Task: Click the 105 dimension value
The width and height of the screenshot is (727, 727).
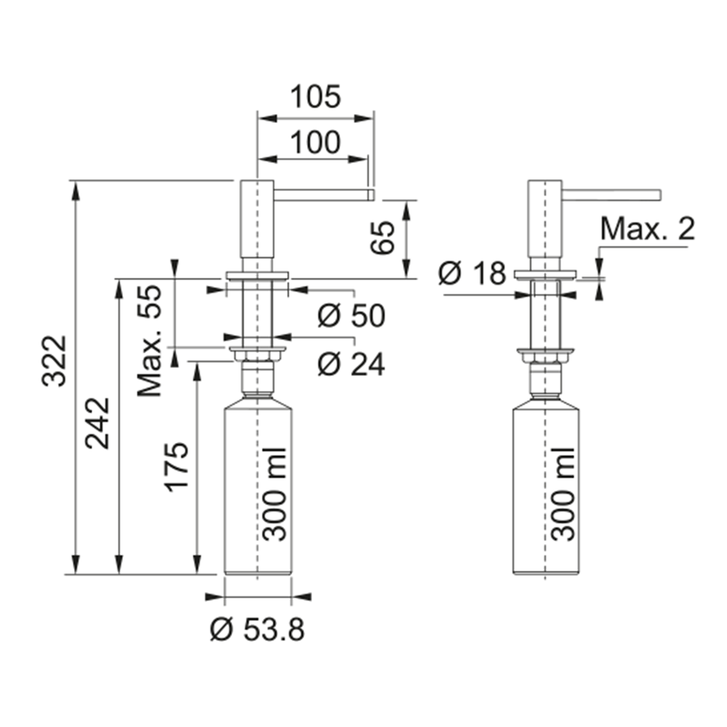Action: tap(316, 97)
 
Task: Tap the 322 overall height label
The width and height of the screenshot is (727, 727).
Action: tap(55, 361)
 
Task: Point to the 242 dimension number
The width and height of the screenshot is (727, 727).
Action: tap(97, 423)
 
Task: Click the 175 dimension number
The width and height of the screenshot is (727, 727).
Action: tap(176, 467)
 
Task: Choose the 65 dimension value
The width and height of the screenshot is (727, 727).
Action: tap(382, 238)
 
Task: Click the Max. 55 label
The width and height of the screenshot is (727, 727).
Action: tap(149, 341)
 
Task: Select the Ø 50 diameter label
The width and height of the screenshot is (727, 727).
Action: tap(351, 316)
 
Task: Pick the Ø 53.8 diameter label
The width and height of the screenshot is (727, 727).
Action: tap(258, 630)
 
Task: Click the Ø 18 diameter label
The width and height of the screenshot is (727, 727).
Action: tap(472, 273)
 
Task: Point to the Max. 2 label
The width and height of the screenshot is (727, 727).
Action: tap(648, 228)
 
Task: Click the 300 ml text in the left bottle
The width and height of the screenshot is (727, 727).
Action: tap(274, 494)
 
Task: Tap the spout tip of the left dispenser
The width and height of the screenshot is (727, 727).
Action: tap(371, 195)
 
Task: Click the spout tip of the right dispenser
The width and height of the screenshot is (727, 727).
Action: tap(659, 195)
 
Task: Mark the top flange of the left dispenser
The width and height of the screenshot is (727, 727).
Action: tap(257, 276)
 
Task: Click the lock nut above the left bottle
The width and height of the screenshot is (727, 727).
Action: tap(257, 356)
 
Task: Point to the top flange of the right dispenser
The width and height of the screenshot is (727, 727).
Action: tap(545, 275)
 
